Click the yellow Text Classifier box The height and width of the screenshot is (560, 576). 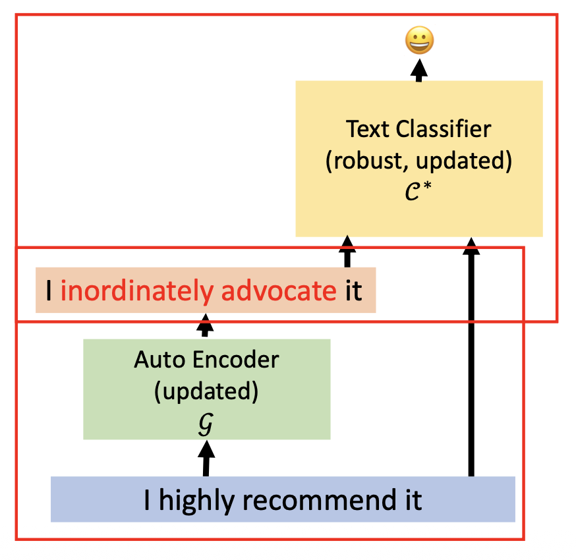418,158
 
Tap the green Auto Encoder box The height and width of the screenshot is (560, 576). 206,389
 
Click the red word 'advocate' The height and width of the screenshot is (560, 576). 279,291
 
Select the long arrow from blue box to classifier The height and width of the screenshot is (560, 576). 471,356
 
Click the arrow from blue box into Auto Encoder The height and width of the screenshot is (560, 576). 206,458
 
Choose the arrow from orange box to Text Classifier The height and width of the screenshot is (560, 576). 347,252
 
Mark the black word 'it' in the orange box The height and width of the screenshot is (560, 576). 354,291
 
